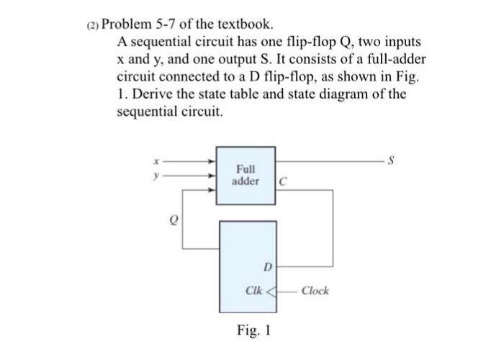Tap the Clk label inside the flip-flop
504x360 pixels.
tap(253, 291)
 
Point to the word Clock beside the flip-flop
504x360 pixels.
tap(315, 291)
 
